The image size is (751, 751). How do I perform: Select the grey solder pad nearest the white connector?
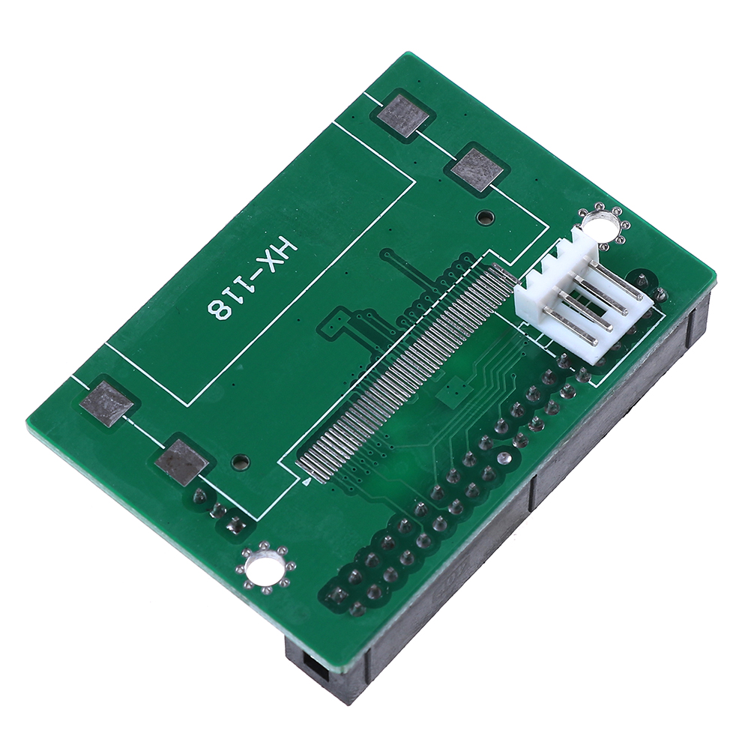click(x=477, y=170)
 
